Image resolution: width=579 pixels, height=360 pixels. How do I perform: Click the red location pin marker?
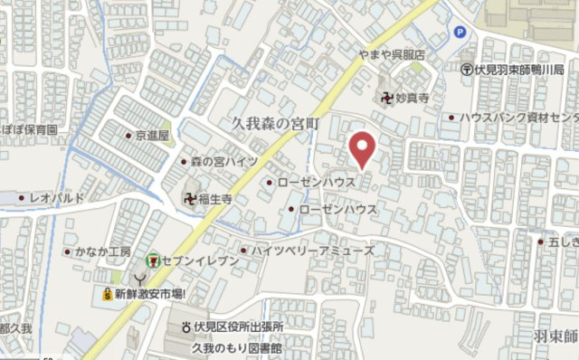(364, 149)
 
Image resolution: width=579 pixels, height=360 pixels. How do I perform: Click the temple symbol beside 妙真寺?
(388, 95)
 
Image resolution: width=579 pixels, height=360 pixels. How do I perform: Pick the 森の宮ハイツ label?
(223, 161)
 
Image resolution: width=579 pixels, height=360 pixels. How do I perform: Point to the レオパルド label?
(57, 196)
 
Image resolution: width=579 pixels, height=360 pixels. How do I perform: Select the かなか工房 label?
(104, 251)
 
